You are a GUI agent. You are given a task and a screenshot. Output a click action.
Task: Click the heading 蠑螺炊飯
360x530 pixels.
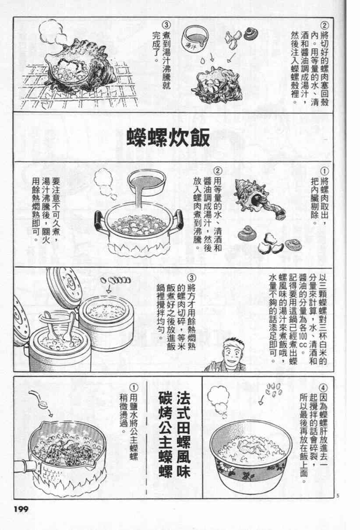(168, 137)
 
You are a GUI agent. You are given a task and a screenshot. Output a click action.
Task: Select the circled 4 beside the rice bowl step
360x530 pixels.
(323, 388)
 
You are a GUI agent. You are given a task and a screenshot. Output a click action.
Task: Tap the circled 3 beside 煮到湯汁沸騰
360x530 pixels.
(166, 25)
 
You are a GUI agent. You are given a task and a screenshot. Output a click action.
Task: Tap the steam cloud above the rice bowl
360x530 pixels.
(219, 400)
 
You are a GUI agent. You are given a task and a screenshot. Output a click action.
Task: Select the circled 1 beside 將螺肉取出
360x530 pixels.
(324, 171)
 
